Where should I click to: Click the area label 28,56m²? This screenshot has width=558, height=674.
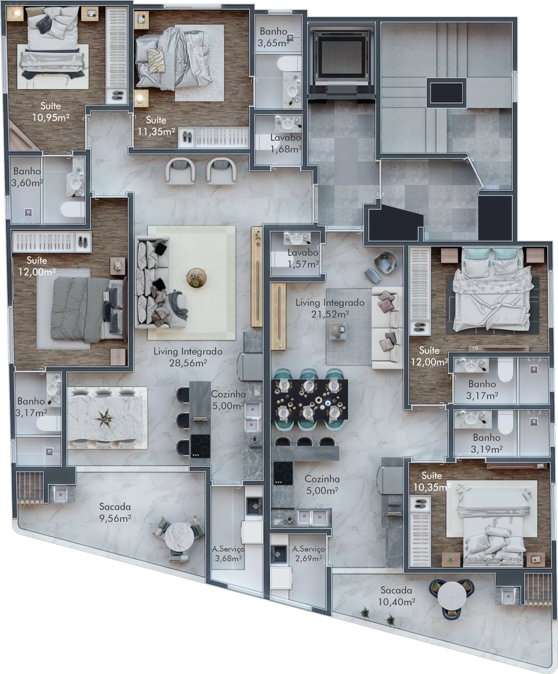pyautogui.click(x=188, y=363)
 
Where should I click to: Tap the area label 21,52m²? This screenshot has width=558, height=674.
pyautogui.click(x=330, y=314)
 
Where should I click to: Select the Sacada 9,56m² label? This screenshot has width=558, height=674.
pyautogui.click(x=115, y=512)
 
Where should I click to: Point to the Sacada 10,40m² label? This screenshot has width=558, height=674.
pyautogui.click(x=396, y=596)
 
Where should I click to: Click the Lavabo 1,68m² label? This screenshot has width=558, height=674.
pyautogui.click(x=286, y=143)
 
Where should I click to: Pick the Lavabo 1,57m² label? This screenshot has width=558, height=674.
pyautogui.click(x=303, y=258)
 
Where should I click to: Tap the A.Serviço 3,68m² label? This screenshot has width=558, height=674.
pyautogui.click(x=228, y=554)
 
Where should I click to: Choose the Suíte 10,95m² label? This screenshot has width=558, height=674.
pyautogui.click(x=51, y=112)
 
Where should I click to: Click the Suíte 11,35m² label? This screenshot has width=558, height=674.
pyautogui.click(x=156, y=126)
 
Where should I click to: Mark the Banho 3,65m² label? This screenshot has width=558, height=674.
pyautogui.click(x=274, y=37)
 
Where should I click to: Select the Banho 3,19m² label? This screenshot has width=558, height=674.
pyautogui.click(x=487, y=443)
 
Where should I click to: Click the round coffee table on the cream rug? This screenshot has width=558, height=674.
pyautogui.click(x=196, y=278)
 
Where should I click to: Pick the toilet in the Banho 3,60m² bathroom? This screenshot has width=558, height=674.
pyautogui.click(x=73, y=209)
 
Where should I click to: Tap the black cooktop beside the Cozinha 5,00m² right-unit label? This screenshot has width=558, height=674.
pyautogui.click(x=283, y=473)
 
